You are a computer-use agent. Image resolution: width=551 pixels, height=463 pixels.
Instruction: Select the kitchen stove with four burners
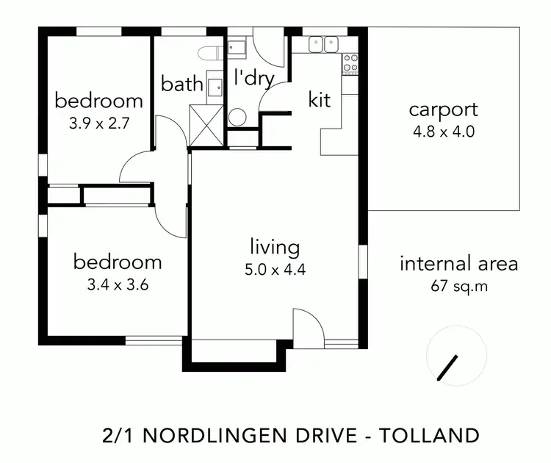[350, 64]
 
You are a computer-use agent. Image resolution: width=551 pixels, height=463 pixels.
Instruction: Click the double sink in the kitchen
[323, 45]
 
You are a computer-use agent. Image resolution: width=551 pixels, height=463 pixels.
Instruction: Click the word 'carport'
[443, 110]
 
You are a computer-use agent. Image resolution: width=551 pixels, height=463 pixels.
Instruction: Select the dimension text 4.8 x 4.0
[443, 133]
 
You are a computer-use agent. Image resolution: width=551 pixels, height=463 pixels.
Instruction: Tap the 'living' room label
[274, 247]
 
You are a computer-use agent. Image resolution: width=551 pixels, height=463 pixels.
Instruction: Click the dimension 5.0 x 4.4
[274, 270]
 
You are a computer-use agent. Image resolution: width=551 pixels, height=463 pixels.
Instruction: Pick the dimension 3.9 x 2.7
[98, 123]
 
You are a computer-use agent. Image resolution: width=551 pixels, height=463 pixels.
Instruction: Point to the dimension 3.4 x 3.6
[118, 285]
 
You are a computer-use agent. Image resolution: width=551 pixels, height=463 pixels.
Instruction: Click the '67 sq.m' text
[459, 286]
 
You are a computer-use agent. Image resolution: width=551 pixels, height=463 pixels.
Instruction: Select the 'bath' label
[182, 84]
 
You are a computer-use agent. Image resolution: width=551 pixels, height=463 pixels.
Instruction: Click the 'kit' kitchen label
[320, 100]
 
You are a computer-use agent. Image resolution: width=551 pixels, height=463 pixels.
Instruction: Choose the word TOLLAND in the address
[429, 434]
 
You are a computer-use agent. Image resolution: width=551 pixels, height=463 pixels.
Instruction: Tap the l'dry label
[253, 79]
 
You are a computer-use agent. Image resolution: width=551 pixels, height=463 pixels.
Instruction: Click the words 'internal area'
[459, 264]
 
